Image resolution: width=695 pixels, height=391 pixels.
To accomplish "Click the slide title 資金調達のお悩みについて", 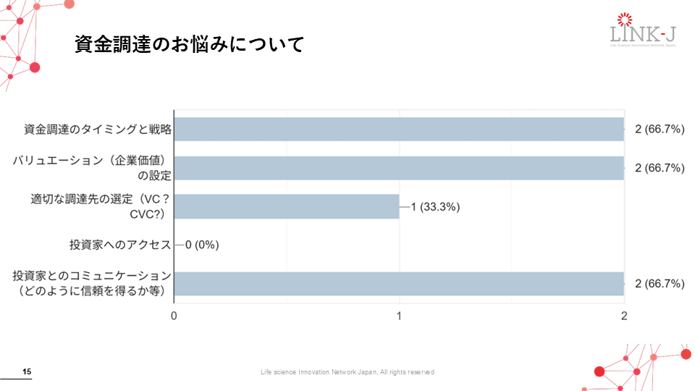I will click(188, 44).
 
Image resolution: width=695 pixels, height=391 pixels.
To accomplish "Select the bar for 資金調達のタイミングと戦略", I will click(399, 130).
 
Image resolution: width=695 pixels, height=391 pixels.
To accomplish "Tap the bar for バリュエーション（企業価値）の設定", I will click(399, 168).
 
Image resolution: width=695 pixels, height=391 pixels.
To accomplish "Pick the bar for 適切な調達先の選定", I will click(287, 206).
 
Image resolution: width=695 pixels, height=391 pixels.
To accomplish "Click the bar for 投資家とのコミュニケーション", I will click(399, 283).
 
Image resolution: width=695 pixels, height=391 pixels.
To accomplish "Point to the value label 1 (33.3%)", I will click(435, 207).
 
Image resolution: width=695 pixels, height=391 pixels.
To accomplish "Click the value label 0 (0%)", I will click(202, 245).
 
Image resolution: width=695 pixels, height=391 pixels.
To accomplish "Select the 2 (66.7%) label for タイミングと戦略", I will click(659, 130).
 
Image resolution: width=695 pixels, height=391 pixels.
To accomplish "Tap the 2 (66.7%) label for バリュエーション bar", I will click(659, 168).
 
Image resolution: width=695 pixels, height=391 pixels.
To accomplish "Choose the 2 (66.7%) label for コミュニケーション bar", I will click(659, 283).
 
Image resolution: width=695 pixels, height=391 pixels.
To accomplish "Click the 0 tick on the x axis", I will click(174, 316).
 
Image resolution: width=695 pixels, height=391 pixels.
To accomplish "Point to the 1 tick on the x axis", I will click(400, 316).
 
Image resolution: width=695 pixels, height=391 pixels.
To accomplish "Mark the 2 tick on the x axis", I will click(624, 316).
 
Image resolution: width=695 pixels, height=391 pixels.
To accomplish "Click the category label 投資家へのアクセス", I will click(120, 245).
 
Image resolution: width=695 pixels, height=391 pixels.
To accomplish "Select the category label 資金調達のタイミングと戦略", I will click(97, 130).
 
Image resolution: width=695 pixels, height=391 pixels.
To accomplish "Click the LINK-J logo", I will click(643, 32).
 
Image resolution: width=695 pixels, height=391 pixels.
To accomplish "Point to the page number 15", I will click(27, 372).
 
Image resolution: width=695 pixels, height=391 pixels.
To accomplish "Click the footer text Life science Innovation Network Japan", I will click(347, 372).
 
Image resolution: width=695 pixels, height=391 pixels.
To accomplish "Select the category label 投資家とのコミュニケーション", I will click(92, 283).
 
